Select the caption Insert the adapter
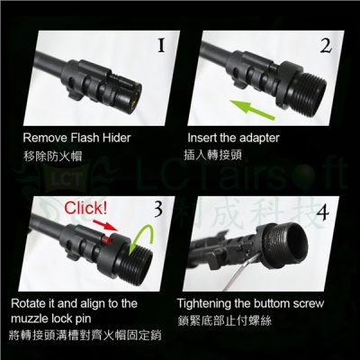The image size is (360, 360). pyautogui.click(x=234, y=139)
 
